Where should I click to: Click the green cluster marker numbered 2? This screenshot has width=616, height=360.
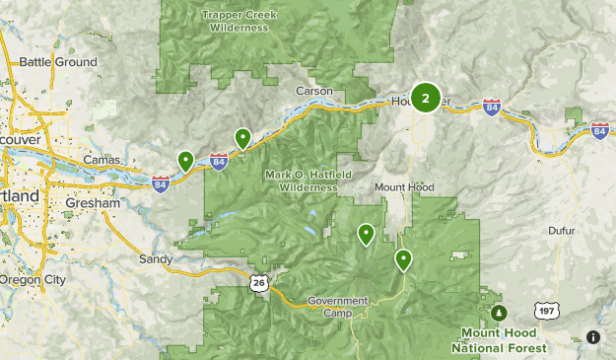click(x=425, y=98)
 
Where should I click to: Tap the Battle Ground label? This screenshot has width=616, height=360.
click(x=59, y=62)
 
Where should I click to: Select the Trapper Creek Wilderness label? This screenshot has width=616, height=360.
click(x=239, y=22)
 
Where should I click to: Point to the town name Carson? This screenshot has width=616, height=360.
click(x=315, y=91)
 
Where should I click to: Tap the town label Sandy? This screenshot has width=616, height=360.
click(x=156, y=259)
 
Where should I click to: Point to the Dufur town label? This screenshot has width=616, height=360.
click(x=564, y=231)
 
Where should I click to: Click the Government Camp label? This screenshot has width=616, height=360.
click(x=337, y=306)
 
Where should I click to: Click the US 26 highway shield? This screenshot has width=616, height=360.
click(x=257, y=283)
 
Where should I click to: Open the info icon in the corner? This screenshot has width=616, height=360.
click(x=593, y=337)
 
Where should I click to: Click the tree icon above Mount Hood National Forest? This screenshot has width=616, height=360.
click(x=499, y=313)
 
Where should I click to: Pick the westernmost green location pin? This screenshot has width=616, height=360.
click(x=185, y=160)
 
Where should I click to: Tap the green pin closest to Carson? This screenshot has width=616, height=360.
click(x=242, y=137)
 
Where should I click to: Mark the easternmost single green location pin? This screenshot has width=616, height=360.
click(x=403, y=259)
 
